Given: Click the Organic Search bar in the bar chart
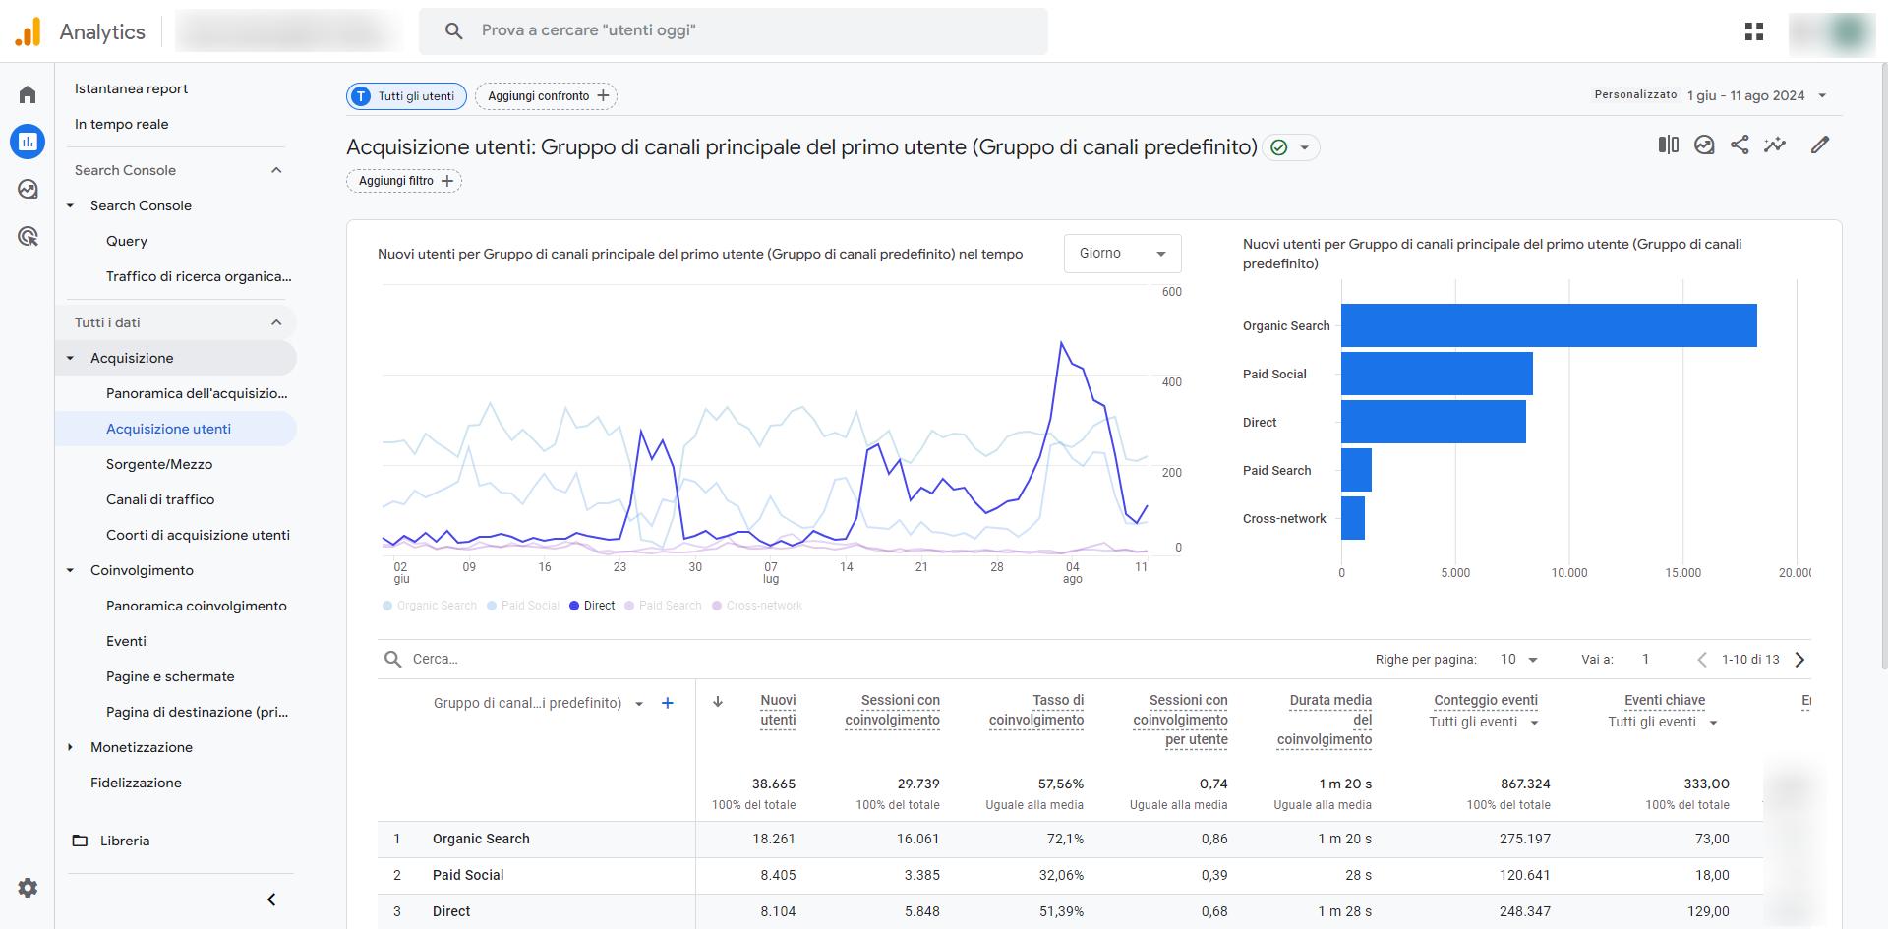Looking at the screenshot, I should click(1548, 325).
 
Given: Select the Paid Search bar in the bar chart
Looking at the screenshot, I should click(1356, 470).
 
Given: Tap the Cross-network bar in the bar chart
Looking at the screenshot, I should click(1353, 518).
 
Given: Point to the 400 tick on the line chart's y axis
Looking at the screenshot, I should click(1171, 382).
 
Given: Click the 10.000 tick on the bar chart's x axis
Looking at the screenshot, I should click(1568, 573).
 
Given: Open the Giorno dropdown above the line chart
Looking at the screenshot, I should click(1122, 254).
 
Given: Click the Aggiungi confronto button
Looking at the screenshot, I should click(546, 96).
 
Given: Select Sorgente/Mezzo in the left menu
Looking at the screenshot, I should click(159, 464).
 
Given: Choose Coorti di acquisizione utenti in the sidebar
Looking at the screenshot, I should click(198, 535).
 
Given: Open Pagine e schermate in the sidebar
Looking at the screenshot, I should click(170, 676).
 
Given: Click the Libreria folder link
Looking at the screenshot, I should click(124, 841).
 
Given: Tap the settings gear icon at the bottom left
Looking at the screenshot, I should click(28, 888).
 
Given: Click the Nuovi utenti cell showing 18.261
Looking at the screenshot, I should click(774, 839).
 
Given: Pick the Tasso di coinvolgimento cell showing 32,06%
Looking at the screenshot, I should click(1061, 875).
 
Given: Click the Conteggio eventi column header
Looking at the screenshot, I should click(1485, 700).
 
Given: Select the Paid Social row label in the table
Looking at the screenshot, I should click(468, 875).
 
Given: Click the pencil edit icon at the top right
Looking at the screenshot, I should click(1820, 145).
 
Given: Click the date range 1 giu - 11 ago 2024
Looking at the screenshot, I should click(1745, 96).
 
